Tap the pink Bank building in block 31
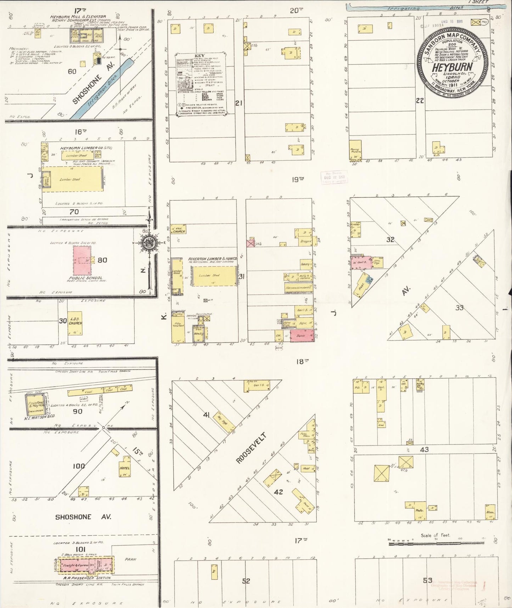click(x=302, y=336)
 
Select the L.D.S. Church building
click(x=75, y=323)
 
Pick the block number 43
click(x=424, y=449)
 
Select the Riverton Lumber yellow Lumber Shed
click(x=214, y=276)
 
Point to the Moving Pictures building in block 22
click(x=355, y=151)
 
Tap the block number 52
click(x=246, y=581)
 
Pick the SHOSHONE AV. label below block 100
click(x=83, y=517)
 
